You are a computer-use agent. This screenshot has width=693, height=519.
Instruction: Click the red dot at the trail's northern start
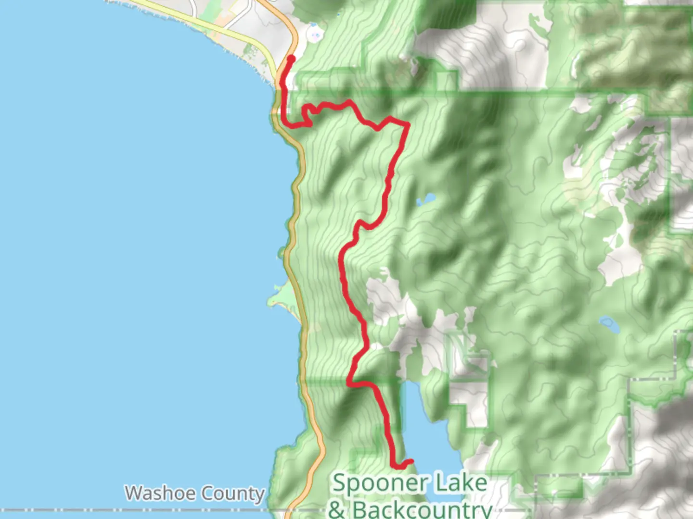[291, 59]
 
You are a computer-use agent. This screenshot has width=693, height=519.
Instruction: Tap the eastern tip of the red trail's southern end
[411, 461]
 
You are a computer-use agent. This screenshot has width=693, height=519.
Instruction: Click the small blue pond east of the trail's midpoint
[427, 198]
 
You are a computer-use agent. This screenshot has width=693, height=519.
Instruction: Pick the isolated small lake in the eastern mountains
[608, 325]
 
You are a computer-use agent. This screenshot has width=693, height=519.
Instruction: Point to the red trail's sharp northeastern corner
[408, 125]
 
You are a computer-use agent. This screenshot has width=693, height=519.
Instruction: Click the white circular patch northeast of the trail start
[315, 35]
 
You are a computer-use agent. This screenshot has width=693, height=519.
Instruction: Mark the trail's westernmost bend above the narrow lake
[349, 382]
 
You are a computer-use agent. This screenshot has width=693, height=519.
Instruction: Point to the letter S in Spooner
[340, 482]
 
